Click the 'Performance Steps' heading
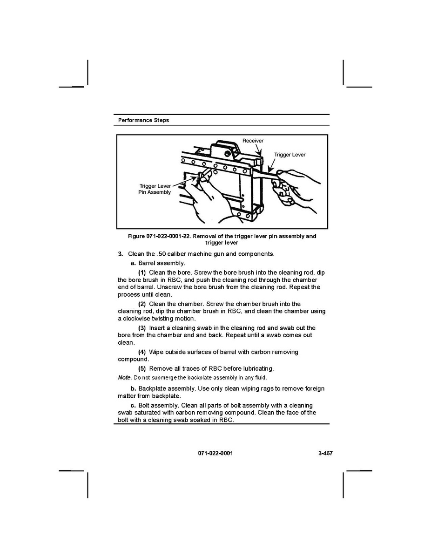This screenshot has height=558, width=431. click(x=143, y=120)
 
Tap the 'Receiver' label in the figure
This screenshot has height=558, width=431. click(x=253, y=141)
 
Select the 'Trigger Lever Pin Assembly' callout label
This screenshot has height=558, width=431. click(x=155, y=189)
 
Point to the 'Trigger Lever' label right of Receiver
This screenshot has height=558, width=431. click(x=290, y=155)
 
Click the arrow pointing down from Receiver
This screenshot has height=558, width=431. click(x=258, y=150)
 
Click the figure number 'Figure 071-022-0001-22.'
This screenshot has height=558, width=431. click(x=159, y=236)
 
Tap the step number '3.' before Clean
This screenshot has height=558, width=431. click(x=120, y=254)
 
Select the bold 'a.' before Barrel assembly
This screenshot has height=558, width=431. click(x=134, y=263)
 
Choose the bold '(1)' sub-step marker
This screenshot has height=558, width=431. click(x=142, y=272)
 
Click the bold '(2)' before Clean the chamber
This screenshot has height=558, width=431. click(x=142, y=304)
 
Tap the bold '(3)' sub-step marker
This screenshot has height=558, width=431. click(x=142, y=328)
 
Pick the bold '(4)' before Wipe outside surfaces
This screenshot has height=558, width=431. click(x=142, y=352)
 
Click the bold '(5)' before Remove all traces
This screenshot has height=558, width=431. click(x=142, y=369)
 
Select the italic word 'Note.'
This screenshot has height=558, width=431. click(x=125, y=377)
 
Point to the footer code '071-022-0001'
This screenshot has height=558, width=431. click(x=215, y=453)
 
